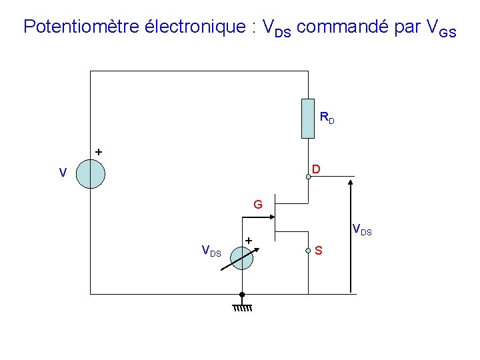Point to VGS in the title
(441, 28)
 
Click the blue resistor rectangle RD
(307, 118)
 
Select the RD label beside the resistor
(327, 119)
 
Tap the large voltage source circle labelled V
(90, 174)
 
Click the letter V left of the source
(62, 173)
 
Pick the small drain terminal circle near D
(308, 177)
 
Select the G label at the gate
(257, 204)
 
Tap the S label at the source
(319, 251)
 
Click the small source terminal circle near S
(308, 251)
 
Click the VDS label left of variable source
(211, 251)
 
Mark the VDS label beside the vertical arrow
(361, 231)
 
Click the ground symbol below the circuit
(242, 307)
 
